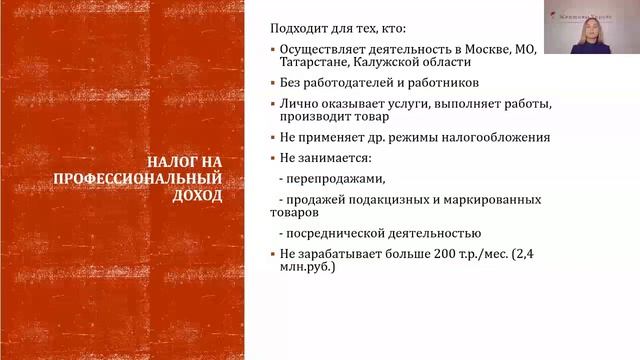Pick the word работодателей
[x=356, y=84]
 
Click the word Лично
[x=299, y=104]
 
